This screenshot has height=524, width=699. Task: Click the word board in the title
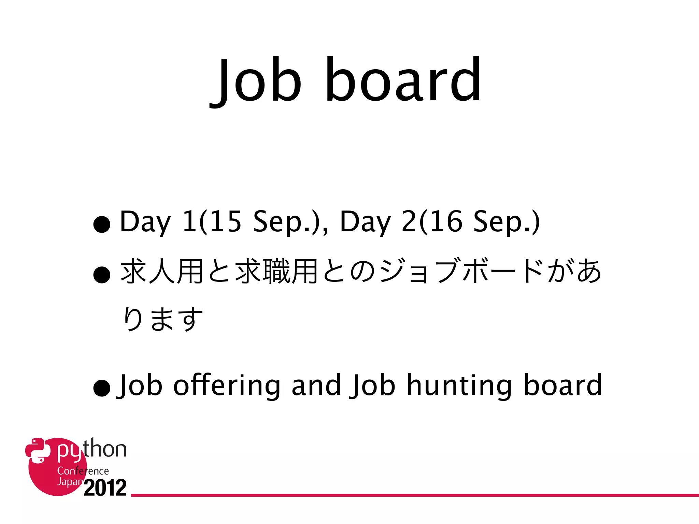click(403, 80)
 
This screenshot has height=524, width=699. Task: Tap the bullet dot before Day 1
click(102, 224)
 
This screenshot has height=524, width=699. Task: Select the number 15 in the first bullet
click(225, 222)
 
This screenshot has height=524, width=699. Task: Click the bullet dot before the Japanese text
click(102, 275)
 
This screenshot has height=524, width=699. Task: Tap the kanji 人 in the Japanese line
click(162, 272)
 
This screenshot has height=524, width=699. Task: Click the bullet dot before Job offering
click(102, 388)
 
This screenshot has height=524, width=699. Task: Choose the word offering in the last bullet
click(227, 385)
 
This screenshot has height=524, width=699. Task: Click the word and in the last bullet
click(316, 385)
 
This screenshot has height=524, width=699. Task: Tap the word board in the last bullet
click(563, 385)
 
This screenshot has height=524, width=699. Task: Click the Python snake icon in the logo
click(38, 450)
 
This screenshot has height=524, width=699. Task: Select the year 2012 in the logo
click(105, 488)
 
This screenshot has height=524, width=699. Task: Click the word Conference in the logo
click(83, 471)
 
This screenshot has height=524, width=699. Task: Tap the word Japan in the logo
click(70, 482)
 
